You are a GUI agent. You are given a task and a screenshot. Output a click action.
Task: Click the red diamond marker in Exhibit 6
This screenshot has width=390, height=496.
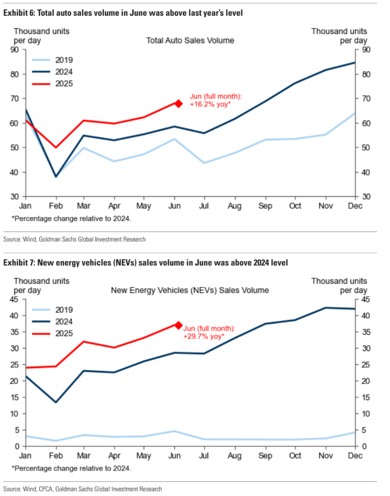[x=178, y=103]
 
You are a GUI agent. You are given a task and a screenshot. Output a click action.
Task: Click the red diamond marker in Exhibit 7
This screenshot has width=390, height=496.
[x=178, y=325]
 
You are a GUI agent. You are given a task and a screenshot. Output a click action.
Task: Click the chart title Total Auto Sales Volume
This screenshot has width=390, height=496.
[x=190, y=40]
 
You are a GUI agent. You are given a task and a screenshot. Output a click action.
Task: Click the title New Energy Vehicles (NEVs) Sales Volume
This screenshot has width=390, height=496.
[x=190, y=290]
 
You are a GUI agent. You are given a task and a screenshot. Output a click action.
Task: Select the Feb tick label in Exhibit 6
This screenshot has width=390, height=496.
[x=55, y=206]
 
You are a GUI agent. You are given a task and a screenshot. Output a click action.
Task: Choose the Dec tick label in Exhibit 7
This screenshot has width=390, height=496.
[x=356, y=456]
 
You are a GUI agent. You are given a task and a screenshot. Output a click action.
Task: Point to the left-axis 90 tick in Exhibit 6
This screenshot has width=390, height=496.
[x=15, y=50]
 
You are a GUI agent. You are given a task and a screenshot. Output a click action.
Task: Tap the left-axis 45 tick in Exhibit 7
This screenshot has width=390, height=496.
[x=15, y=299]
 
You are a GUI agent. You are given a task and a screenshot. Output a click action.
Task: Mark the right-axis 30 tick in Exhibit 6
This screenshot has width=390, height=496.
[x=367, y=197]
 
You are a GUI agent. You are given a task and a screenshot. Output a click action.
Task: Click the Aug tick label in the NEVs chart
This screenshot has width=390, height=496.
[x=235, y=456]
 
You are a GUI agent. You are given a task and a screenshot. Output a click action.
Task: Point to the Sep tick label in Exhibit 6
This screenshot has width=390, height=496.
[x=265, y=206]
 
